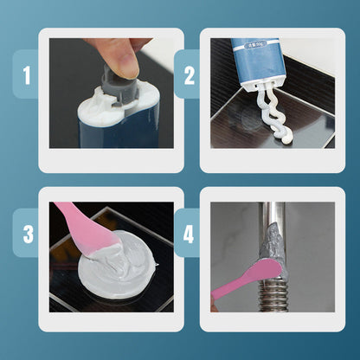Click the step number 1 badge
pos(26,75)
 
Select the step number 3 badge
pos(26,234)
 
